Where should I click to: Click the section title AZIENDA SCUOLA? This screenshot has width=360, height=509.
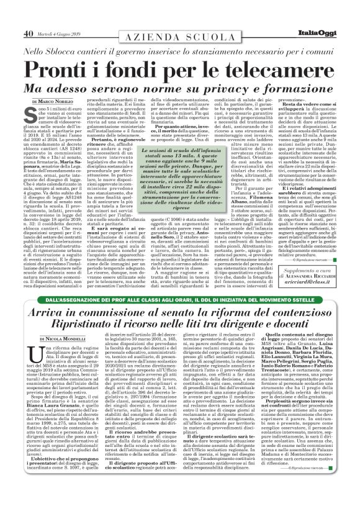[179, 38]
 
